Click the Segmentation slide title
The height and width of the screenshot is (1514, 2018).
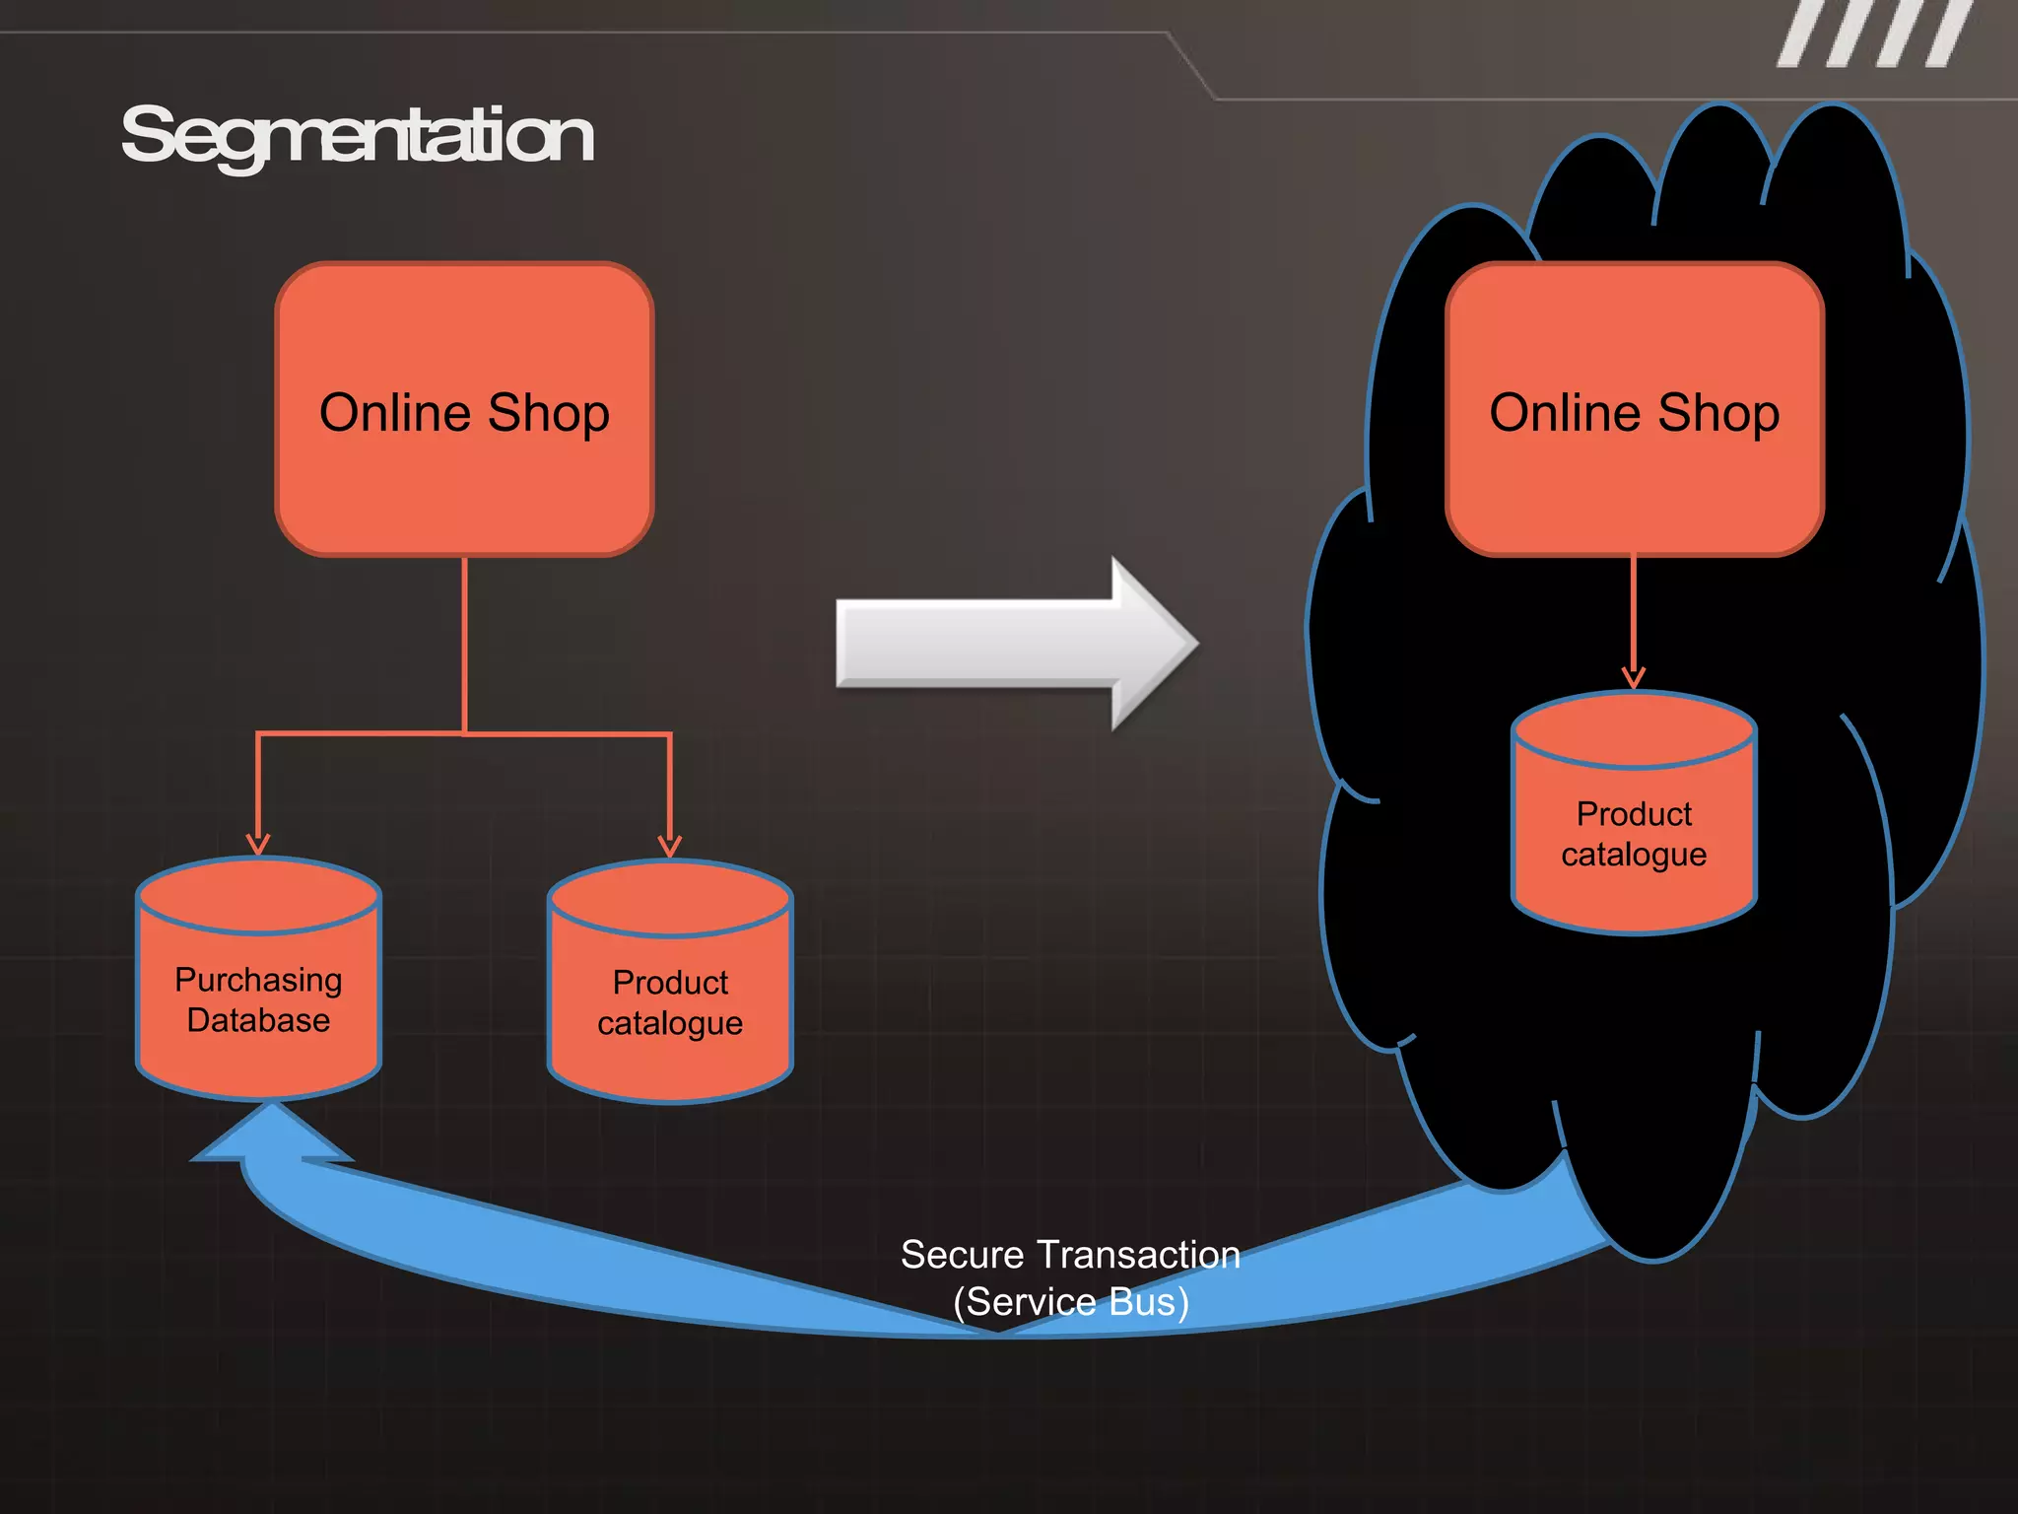pos(357,136)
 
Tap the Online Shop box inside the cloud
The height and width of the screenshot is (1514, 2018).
pos(1634,473)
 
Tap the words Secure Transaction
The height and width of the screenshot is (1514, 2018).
pos(1070,1255)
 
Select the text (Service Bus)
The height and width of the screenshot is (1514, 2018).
pos(1071,1302)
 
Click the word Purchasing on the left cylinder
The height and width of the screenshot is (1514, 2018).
pos(258,980)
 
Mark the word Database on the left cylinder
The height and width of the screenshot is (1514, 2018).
pos(258,1020)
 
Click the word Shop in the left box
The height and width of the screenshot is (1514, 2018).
pos(549,412)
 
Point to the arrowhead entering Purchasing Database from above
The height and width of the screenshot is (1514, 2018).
pos(258,844)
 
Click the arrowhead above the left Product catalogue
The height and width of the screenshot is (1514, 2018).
pos(670,846)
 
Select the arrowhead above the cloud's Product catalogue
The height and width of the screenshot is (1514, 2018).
pos(1634,678)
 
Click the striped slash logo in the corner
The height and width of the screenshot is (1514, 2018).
pos(1875,34)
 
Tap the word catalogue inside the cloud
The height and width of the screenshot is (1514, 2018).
pos(1634,855)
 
